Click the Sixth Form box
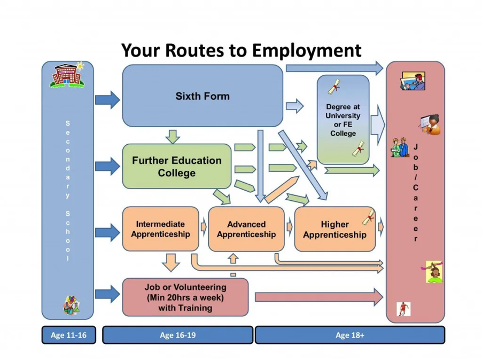pyautogui.click(x=203, y=96)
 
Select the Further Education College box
pyautogui.click(x=177, y=166)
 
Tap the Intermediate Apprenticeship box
pyautogui.click(x=160, y=229)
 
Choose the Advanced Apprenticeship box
pyautogui.click(x=246, y=229)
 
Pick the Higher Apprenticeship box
pyautogui.click(x=335, y=229)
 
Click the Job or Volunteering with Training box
pyautogui.click(x=185, y=297)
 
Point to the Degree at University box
pyautogui.click(x=343, y=120)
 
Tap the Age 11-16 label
pyautogui.click(x=68, y=335)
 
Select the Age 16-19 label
pyautogui.click(x=177, y=335)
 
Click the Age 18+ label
pyautogui.click(x=350, y=335)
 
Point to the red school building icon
pyautogui.click(x=67, y=75)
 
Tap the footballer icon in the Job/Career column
pyautogui.click(x=403, y=309)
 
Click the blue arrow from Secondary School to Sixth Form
pyautogui.click(x=107, y=100)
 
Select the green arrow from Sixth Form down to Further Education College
pyautogui.click(x=173, y=136)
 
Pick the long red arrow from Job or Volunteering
pyautogui.click(x=319, y=297)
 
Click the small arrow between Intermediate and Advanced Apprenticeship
pyautogui.click(x=204, y=228)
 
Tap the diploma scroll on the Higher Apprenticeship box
pyautogui.click(x=369, y=217)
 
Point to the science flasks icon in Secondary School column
pyautogui.click(x=71, y=305)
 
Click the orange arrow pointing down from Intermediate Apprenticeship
pyautogui.click(x=171, y=263)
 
